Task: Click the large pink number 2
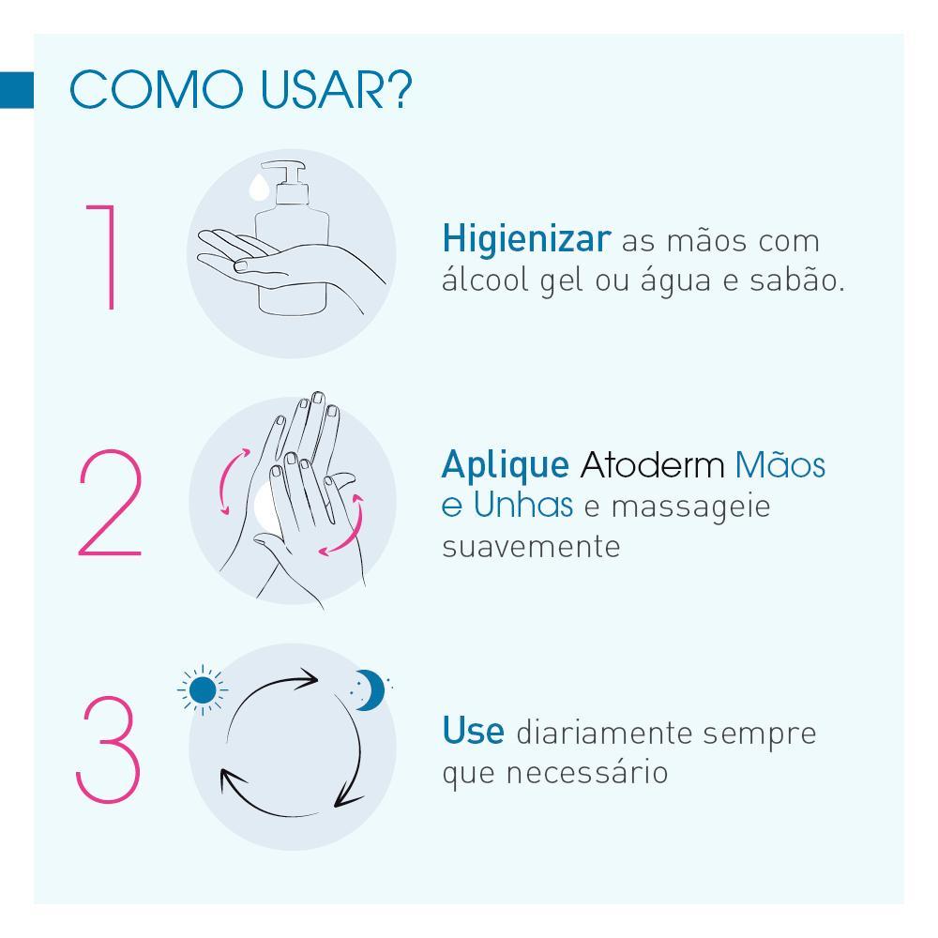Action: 110,505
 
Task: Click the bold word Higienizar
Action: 525,240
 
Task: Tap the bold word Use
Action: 473,732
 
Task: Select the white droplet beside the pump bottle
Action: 256,188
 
